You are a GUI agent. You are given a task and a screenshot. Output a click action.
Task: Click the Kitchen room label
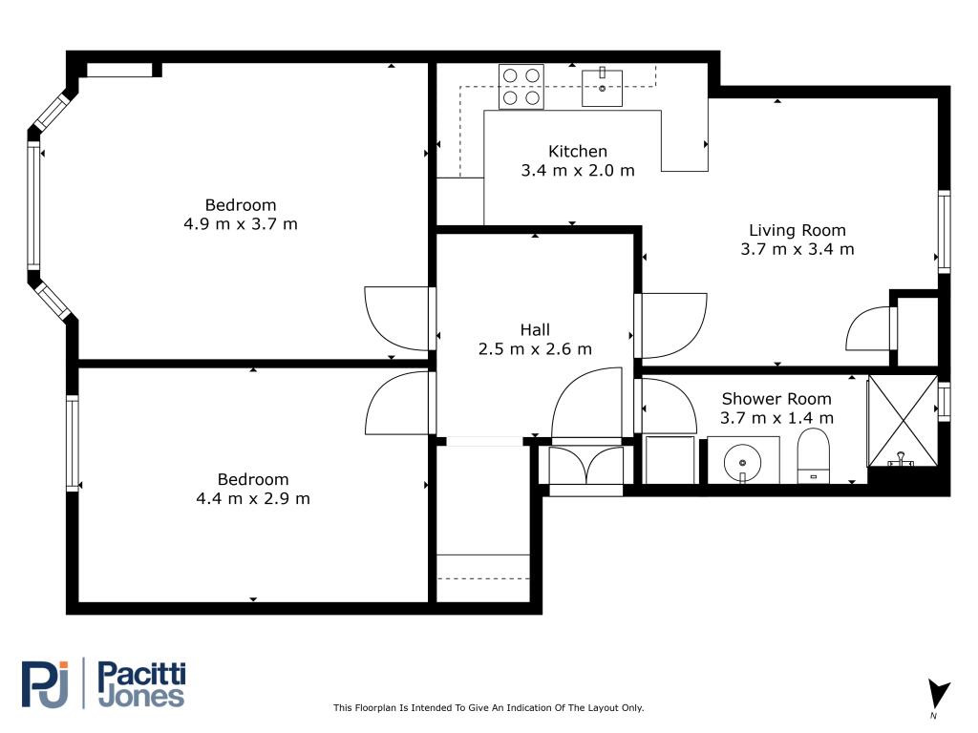[578, 152]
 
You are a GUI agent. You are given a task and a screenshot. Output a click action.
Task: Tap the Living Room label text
[797, 231]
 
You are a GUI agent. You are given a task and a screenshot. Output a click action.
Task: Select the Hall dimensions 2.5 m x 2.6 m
[535, 349]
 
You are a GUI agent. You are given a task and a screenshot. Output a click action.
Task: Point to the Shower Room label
[776, 399]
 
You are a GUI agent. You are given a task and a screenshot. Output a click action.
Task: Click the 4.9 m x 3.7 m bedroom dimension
[241, 224]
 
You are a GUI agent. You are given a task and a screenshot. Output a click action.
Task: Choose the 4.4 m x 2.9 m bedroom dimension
[253, 498]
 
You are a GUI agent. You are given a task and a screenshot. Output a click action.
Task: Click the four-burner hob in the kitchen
[521, 87]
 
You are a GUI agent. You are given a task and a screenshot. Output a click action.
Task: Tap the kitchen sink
[602, 88]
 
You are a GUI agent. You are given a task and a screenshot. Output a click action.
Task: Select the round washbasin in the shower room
[742, 463]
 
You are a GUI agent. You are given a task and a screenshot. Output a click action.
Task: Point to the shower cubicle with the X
[903, 421]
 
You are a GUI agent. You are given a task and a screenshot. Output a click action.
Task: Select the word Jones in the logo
[141, 697]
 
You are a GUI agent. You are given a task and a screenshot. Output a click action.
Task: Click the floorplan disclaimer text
[488, 707]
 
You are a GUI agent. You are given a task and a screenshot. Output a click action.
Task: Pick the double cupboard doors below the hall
[585, 465]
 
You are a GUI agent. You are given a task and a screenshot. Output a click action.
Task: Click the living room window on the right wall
[945, 231]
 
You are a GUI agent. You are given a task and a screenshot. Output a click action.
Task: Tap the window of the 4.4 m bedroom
[73, 443]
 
